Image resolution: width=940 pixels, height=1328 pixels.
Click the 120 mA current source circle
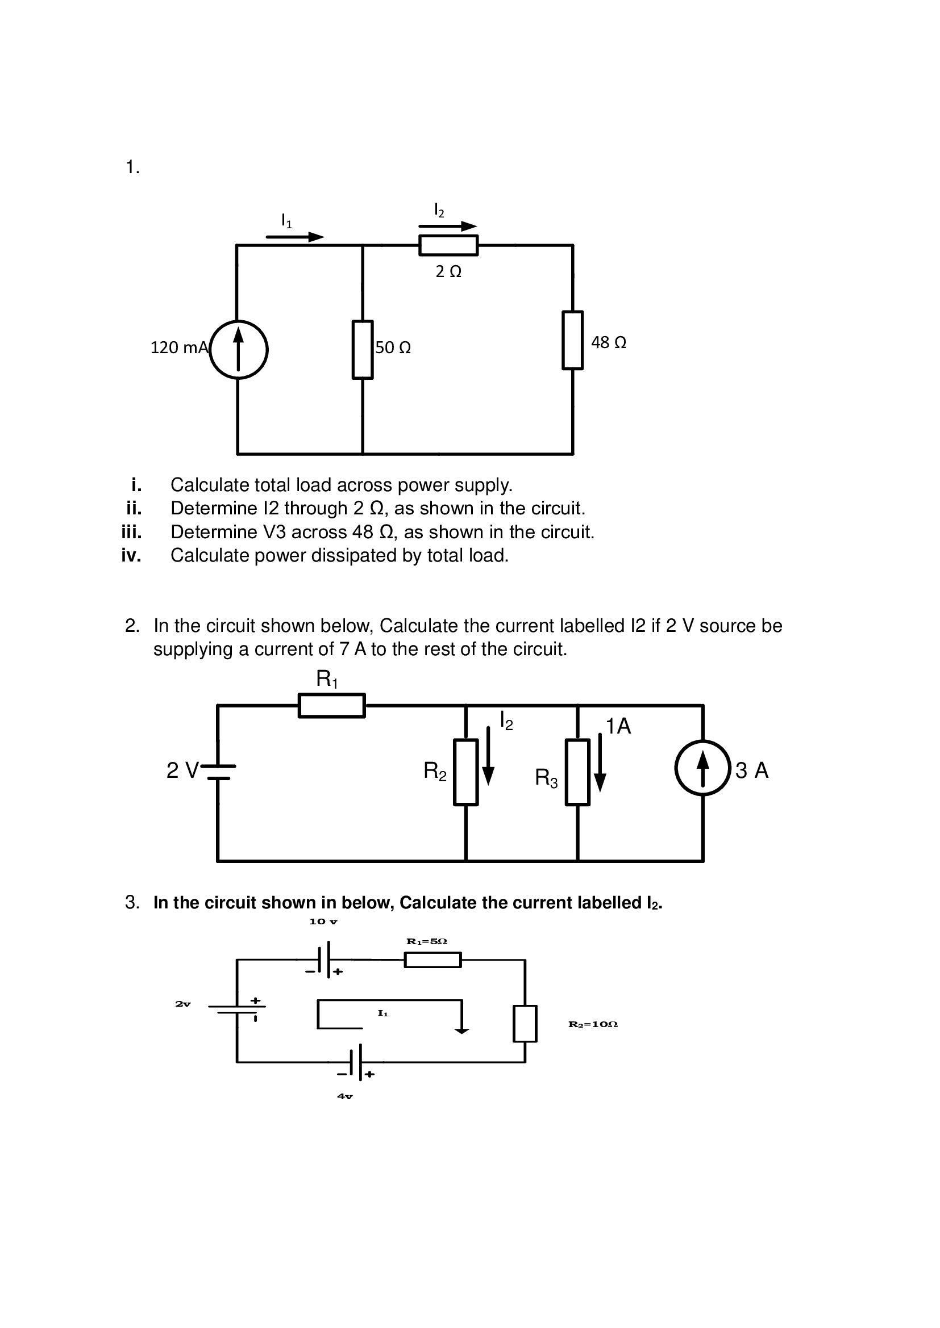(238, 350)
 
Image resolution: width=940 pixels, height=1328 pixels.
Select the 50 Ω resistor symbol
(363, 350)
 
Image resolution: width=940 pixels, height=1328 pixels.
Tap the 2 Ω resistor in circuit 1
(448, 245)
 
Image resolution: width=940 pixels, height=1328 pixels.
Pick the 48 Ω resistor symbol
(572, 340)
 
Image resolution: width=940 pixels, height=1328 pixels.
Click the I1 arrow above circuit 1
(295, 237)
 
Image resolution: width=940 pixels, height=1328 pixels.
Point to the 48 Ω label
(608, 342)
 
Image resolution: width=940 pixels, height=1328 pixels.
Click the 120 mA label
(179, 347)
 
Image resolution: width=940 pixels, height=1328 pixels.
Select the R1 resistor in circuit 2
(332, 706)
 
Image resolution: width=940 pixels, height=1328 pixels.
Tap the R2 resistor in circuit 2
(465, 772)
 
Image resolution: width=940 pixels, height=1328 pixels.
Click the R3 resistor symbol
(577, 772)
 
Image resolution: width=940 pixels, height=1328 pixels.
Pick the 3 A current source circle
(702, 768)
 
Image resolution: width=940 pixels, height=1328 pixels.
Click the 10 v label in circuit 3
(323, 921)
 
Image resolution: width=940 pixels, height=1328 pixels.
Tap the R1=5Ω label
(427, 941)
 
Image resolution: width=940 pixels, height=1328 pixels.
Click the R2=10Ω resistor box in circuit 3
(525, 1024)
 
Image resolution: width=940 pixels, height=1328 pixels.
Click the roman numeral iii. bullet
(131, 532)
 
